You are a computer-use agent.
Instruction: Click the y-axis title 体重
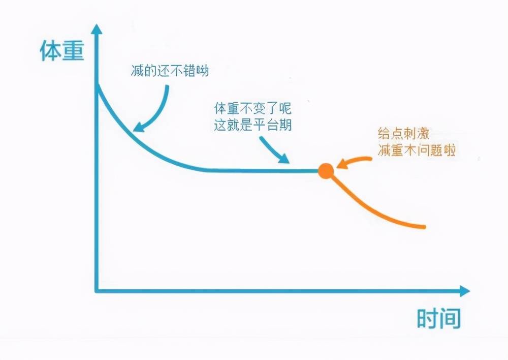coord(62,51)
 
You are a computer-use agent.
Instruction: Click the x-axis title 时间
coord(439,318)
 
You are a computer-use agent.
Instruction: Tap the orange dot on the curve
coord(326,171)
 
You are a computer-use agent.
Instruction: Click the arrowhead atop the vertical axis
coord(96,29)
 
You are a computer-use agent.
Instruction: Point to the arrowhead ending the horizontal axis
coord(465,291)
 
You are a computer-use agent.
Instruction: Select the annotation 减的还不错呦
coord(170,70)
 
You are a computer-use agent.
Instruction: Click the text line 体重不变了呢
coord(252,108)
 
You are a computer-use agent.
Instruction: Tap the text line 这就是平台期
coord(252,125)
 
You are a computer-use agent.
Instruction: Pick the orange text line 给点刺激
coord(404,133)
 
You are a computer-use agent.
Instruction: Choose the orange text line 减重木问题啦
coord(417,150)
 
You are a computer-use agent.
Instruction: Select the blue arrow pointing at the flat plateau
coord(274,149)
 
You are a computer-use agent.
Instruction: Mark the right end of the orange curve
coord(424,227)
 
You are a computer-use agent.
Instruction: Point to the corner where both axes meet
coord(96,291)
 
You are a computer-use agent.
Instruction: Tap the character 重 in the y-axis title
coord(74,51)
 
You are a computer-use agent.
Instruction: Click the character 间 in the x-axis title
coord(450,318)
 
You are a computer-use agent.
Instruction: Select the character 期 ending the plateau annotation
coord(285,125)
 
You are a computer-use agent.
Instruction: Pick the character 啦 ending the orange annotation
coord(450,150)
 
